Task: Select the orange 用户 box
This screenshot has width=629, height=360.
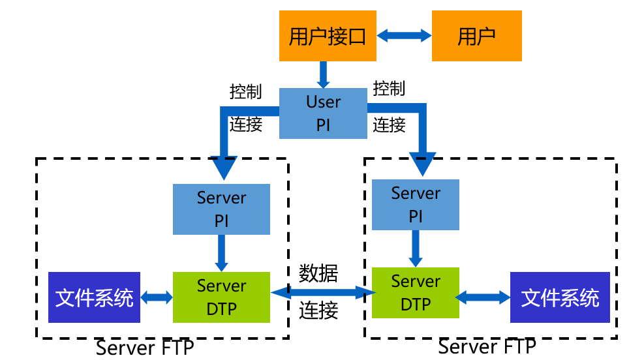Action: [477, 37]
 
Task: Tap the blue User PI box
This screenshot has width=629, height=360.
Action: [323, 113]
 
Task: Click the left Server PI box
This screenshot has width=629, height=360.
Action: [221, 209]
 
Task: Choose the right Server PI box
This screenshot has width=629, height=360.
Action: [416, 205]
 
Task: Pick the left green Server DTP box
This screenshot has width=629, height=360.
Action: [221, 297]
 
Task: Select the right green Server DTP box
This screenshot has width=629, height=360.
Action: [416, 293]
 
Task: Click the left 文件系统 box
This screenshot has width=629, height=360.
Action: [95, 297]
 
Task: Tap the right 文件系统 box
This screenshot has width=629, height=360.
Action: [560, 297]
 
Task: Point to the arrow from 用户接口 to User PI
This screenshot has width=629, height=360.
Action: [323, 74]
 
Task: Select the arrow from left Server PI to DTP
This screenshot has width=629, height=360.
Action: [221, 252]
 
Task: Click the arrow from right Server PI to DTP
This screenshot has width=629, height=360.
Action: [416, 248]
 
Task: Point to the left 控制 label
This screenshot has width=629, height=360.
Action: [246, 92]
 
